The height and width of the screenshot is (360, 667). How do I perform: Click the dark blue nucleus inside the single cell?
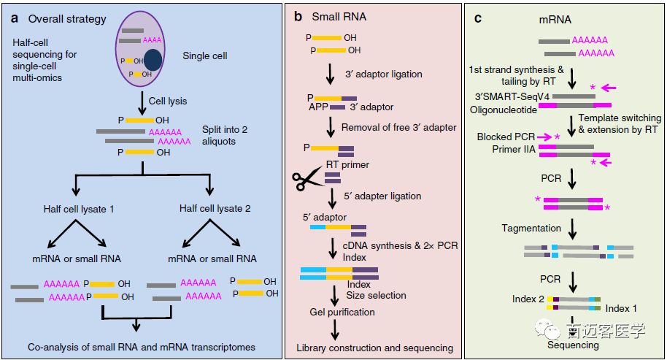pos(153,61)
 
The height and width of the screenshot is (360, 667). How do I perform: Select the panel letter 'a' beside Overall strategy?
pos(13,18)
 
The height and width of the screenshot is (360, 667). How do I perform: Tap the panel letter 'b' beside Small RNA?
pos(298,15)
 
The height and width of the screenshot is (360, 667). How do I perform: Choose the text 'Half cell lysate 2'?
pos(215,209)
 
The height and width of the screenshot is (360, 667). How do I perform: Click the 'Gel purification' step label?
pos(342,312)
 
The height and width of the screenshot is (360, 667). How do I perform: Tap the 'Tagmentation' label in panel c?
pos(531,229)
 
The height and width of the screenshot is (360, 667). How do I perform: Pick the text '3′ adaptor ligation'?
pos(384,74)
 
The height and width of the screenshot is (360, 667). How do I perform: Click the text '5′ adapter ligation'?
pos(383,196)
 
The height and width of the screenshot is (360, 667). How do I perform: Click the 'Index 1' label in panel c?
pos(622,309)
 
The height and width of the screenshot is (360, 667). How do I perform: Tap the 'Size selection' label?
pos(377,295)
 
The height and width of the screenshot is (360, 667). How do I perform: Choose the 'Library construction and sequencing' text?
pos(375,348)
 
